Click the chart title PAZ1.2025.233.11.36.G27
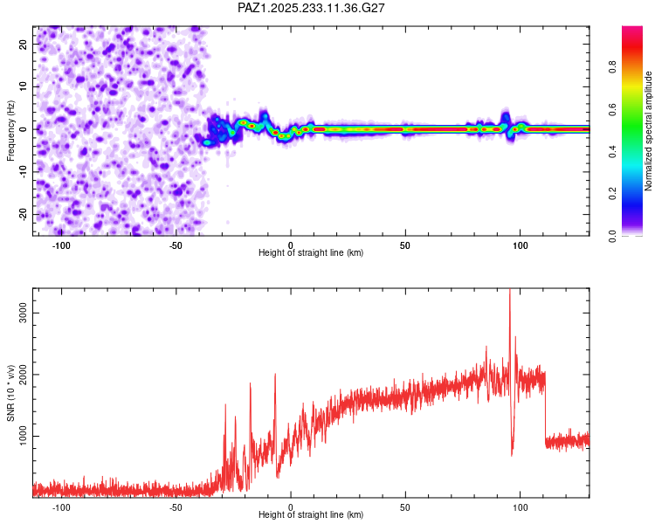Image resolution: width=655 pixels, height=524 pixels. (x=312, y=8)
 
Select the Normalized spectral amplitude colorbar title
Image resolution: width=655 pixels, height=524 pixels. (x=648, y=131)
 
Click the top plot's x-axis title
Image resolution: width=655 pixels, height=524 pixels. (x=311, y=252)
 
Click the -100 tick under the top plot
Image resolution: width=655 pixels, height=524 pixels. (x=61, y=245)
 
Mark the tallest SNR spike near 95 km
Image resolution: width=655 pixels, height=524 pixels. (x=510, y=293)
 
